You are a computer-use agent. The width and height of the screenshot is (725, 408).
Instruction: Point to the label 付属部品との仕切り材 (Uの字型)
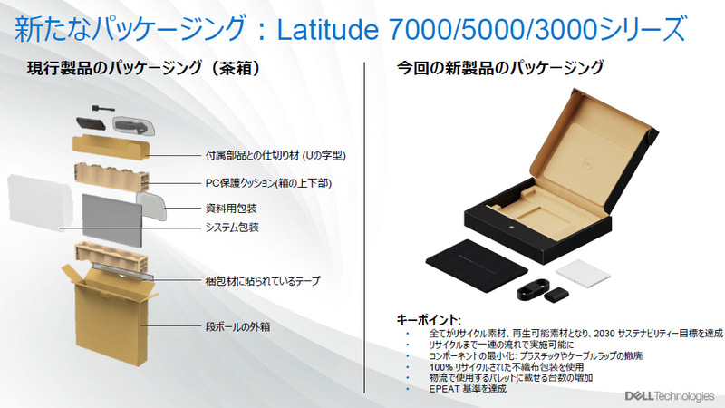[272, 155]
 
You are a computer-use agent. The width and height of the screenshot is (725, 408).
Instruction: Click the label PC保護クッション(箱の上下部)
[268, 182]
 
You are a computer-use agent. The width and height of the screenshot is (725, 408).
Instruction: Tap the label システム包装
[233, 227]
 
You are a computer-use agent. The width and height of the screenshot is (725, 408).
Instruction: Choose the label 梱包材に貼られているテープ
[264, 281]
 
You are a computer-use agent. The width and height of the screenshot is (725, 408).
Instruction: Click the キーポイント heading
[429, 320]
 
